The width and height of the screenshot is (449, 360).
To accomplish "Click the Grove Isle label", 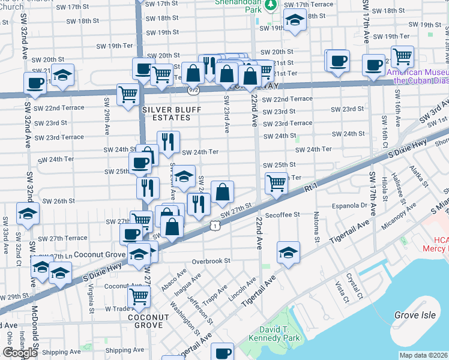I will tap(414, 315).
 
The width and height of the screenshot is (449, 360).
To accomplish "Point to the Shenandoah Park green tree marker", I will tap(271, 5).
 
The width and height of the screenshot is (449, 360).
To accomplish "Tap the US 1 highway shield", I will tap(215, 225).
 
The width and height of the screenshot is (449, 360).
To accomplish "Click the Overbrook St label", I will tap(211, 261).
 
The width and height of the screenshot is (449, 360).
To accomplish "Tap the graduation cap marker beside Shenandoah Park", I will tap(294, 20).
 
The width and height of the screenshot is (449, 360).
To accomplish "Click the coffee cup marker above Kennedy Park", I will tap(223, 353).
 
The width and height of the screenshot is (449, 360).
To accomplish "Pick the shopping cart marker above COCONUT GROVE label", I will tap(139, 295).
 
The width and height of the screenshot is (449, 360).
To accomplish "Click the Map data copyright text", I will tap(423, 355).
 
